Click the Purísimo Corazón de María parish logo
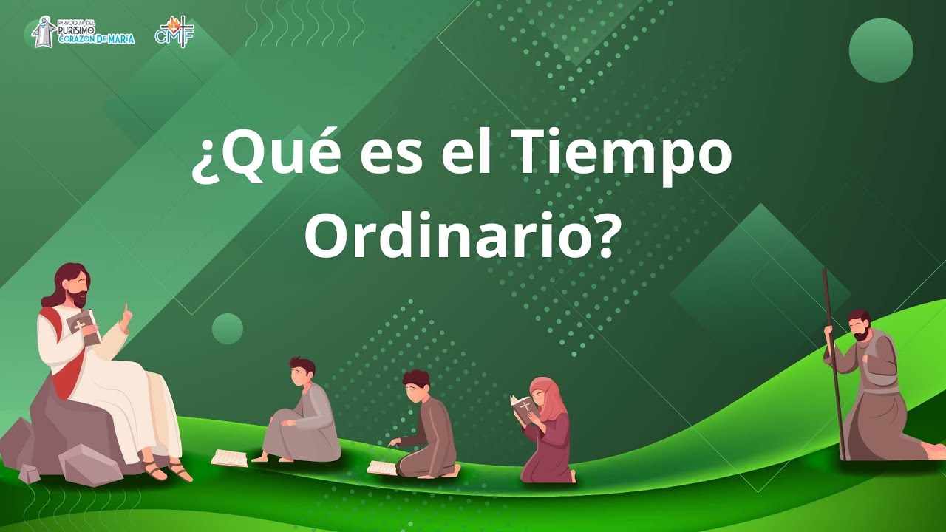[x=84, y=32]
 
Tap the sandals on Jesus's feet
[x=167, y=468]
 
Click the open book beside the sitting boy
[x=229, y=457]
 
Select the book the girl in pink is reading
[x=523, y=409]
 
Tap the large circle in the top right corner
[x=881, y=50]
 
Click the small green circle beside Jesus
[x=228, y=328]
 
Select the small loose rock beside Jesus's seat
[x=30, y=473]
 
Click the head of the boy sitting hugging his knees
[x=302, y=371]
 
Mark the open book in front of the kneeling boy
[x=382, y=467]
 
